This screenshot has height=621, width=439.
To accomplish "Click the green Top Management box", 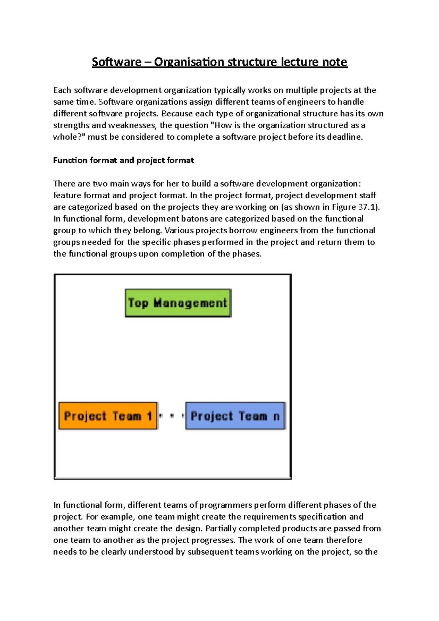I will pos(178,303).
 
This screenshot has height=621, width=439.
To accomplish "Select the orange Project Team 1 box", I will pos(108,416).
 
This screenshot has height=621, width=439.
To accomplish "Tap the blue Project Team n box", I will pos(235,416).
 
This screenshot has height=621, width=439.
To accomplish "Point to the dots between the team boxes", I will pos(172,416).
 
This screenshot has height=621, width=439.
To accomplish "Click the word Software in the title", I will pos(116,62).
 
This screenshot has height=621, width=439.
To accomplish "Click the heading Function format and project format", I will pos(123,160).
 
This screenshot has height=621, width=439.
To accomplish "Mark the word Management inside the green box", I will pos(190,303).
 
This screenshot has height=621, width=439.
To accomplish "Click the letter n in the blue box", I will pos(276,416).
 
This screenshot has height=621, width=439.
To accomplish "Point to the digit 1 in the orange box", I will pos(149,416).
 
